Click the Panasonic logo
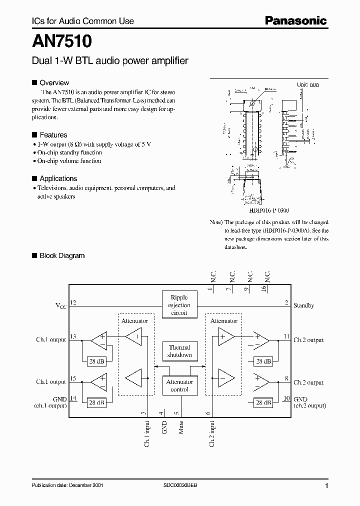pos(295,20)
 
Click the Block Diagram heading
pos(62,255)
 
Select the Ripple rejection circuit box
pos(179,305)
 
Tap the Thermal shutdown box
pos(179,351)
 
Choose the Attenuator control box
pos(179,385)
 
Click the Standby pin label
pos(303,305)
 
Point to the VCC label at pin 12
pos(60,305)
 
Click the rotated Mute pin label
pos(181,428)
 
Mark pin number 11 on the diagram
pos(286,336)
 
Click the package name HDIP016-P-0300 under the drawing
pos(266,211)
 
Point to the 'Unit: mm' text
pos(308,84)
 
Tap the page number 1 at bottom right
pos(326,486)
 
